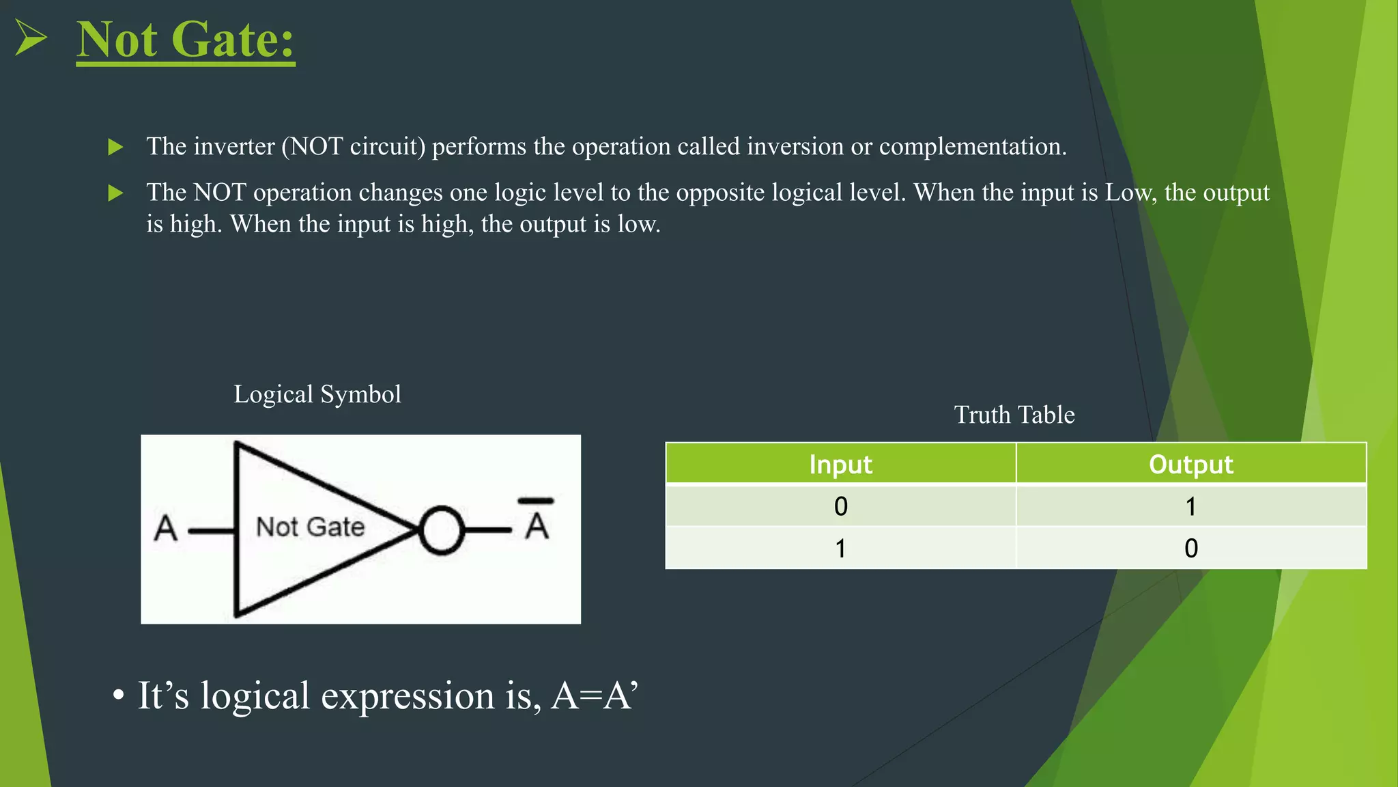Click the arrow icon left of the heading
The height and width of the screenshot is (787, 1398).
tap(31, 38)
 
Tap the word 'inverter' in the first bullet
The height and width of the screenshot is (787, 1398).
tap(234, 146)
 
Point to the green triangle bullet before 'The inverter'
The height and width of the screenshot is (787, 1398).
tap(115, 147)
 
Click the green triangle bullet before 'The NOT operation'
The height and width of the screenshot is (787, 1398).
tap(115, 193)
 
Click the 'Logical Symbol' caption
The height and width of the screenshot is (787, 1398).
tap(317, 394)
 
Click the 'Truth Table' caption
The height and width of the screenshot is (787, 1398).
tap(1014, 415)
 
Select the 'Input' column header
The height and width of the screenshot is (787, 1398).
tap(840, 465)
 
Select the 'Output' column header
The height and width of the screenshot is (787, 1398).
tap(1190, 465)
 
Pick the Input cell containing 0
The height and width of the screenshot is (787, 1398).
tap(840, 506)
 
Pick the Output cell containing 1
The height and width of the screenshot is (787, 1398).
tap(1190, 506)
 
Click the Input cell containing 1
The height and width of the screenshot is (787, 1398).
tap(840, 548)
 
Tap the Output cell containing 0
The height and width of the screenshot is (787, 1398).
tap(1190, 548)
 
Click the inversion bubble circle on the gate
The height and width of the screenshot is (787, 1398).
tap(441, 530)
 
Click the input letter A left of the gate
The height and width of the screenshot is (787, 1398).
tap(165, 528)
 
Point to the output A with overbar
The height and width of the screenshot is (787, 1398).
tap(537, 521)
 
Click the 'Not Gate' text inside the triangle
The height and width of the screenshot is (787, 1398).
tap(310, 527)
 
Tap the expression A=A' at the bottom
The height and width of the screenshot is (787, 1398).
tap(594, 696)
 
